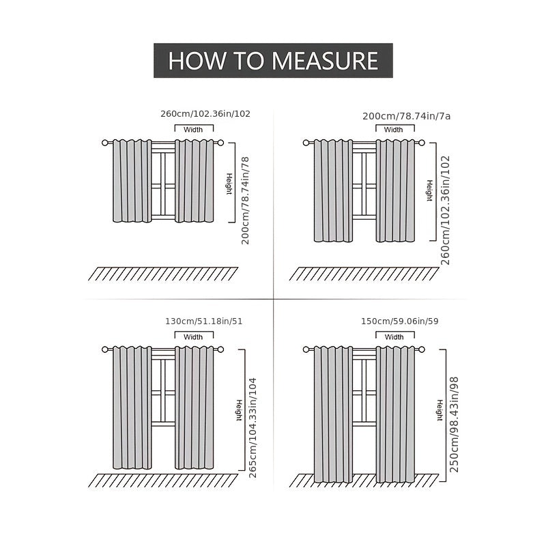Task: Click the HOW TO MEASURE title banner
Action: coord(273,61)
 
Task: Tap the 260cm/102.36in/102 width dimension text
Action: coord(205,114)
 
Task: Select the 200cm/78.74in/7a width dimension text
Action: coord(406,116)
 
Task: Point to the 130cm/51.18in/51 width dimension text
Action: coord(203,321)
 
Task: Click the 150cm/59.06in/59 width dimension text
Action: coord(400,321)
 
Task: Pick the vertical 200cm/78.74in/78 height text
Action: coord(246,201)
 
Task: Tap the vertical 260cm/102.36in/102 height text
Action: coord(446,210)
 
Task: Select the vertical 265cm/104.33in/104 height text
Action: coord(253,428)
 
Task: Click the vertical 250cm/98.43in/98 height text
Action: coord(454,425)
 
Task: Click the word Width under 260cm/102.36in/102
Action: coord(193,130)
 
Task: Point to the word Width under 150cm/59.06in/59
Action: coord(394,336)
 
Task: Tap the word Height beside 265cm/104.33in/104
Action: coord(239,411)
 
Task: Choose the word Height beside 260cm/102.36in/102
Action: coord(430,190)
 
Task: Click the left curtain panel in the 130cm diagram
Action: coord(132,407)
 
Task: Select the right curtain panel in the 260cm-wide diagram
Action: coord(195,181)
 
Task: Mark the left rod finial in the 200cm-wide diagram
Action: coord(306,143)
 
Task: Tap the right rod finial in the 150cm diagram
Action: coord(422,349)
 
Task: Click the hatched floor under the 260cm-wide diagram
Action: coord(163,274)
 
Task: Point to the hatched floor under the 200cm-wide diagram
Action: coord(364,274)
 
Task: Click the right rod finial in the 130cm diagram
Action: coord(220,349)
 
